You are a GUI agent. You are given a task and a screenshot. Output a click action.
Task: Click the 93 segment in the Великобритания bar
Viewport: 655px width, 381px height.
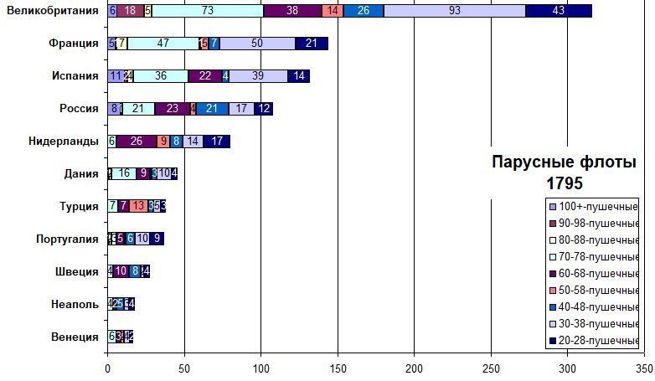454,10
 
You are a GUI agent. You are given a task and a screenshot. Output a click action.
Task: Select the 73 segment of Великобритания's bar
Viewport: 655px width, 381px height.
207,10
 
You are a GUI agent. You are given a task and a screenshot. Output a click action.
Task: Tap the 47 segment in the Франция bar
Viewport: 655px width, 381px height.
163,43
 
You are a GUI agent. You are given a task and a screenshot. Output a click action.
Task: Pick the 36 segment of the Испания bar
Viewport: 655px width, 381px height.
160,75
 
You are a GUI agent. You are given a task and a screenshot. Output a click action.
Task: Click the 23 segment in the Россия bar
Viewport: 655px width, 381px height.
172,108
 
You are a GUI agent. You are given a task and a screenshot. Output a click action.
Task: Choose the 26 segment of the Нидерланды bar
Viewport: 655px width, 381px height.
137,141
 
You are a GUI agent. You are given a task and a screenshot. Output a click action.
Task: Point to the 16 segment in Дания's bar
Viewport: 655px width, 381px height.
124,173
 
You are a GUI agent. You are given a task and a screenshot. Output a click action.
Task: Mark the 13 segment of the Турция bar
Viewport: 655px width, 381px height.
139,206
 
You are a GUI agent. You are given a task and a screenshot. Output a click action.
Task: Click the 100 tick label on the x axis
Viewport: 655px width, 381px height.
261,368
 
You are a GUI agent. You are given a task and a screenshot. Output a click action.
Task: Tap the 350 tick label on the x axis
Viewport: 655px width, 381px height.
644,368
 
